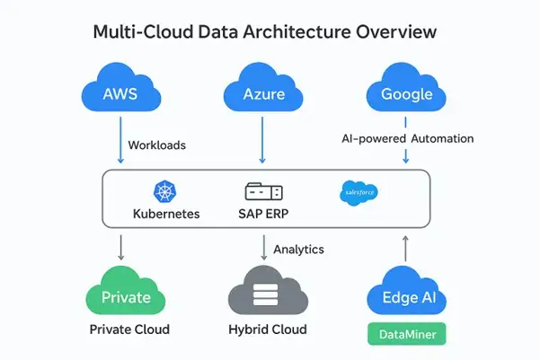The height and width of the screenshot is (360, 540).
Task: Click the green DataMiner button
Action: pyautogui.click(x=406, y=334)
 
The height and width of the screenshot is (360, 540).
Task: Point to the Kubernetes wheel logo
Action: pyautogui.click(x=166, y=191)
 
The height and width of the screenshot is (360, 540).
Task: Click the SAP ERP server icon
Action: pyautogui.click(x=263, y=192)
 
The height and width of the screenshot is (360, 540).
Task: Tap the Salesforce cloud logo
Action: pyautogui.click(x=359, y=192)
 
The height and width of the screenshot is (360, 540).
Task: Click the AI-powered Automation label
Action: pyautogui.click(x=407, y=139)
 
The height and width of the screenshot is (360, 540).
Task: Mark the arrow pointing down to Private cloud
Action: pyautogui.click(x=120, y=248)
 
